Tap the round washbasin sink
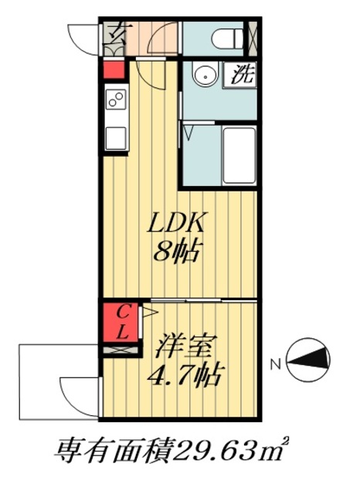click(x=204, y=76)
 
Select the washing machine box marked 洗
click(x=241, y=76)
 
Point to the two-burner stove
click(x=116, y=99)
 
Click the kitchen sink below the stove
click(x=116, y=137)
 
